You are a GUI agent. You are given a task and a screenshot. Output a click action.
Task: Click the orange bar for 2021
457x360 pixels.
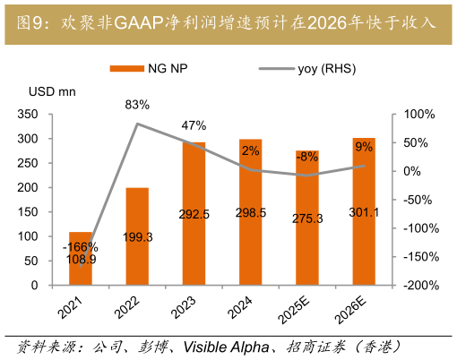81,259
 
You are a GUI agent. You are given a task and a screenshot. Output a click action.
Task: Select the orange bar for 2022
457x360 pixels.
137,236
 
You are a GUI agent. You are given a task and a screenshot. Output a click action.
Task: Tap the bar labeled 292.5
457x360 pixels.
194,214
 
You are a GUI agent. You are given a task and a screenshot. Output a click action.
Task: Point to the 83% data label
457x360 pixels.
137,106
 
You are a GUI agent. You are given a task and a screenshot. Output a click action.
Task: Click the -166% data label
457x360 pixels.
81,247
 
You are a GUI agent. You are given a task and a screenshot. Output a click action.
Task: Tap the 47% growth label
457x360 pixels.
194,125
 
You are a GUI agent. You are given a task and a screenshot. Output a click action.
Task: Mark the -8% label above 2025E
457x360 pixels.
307,156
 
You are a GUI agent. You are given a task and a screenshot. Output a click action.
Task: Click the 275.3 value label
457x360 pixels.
307,218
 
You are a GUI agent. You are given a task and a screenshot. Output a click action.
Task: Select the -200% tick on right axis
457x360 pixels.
418,285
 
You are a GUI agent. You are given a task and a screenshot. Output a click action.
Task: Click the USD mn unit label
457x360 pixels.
52,91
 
